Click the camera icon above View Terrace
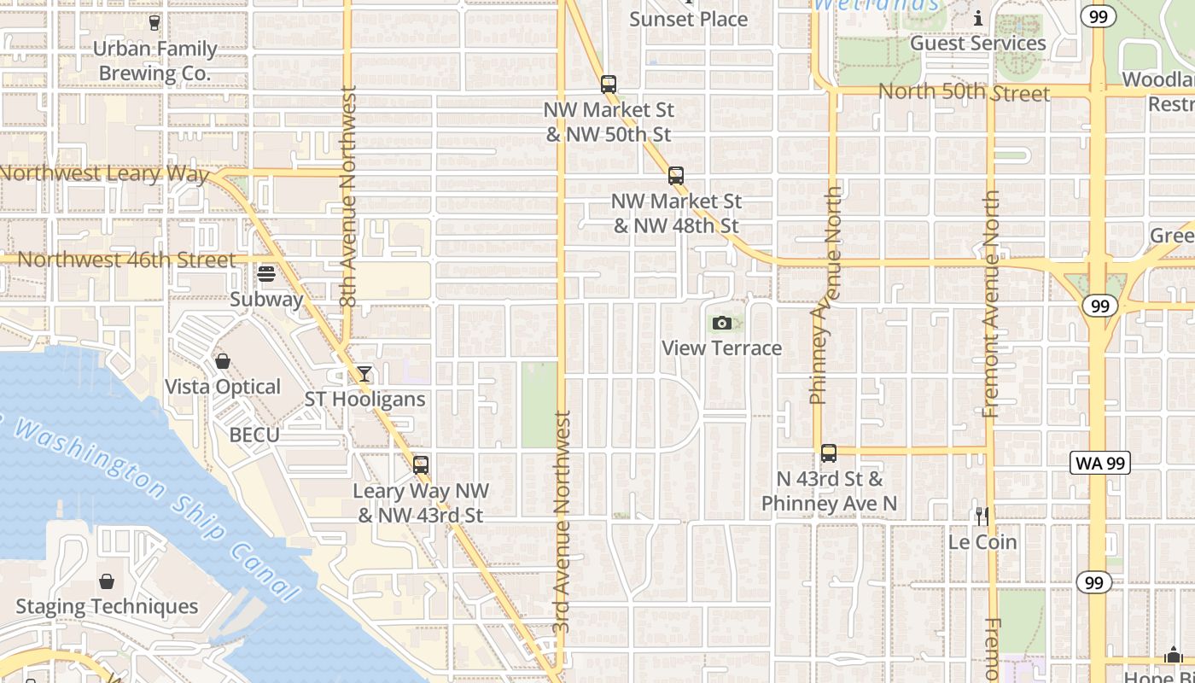coord(722,323)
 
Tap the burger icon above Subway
coord(266,274)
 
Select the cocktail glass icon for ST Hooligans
coord(364,374)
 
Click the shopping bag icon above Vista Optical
coord(223,361)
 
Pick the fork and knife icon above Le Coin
coord(982,516)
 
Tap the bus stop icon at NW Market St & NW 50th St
coord(609,85)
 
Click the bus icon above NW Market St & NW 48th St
coord(676,176)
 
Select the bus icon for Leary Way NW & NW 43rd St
coord(421,464)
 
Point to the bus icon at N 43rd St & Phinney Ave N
coord(828,453)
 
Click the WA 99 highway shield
coord(1100,464)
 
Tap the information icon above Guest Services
coord(978,18)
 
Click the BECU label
coord(254,435)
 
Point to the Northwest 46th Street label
coord(126,260)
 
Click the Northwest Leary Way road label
coord(104,174)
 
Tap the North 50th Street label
coord(964,92)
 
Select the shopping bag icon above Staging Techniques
coord(107,581)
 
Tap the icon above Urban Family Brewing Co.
coord(154,23)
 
